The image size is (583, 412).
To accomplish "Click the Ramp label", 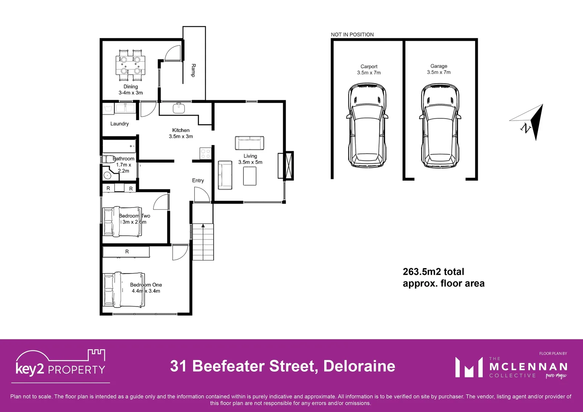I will coord(193,71).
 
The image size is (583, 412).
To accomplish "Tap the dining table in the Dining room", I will coord(130,65).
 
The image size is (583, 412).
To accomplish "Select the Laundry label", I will coord(119,124).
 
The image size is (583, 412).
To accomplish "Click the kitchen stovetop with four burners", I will coord(205,154).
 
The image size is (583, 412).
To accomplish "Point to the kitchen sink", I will coord(179,108).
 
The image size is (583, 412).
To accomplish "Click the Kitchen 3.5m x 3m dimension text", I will coord(181,136).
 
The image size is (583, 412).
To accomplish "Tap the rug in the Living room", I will coord(250,176).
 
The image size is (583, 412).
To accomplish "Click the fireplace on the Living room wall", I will coord(286,166).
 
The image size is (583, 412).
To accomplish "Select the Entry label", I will coord(198,180).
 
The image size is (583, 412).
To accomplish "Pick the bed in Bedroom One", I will coord(124,290).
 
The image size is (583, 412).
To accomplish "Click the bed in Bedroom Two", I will coord(122,222).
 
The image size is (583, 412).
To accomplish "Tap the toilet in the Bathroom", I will coord(109,159).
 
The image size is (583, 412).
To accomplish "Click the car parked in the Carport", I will coord(367,126).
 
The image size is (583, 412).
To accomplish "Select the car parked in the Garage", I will coord(440,126).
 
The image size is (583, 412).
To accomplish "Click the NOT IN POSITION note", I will coord(352,34).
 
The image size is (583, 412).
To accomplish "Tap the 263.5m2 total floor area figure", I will coord(433,272).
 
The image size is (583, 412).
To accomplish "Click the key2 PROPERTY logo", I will coord(60,364).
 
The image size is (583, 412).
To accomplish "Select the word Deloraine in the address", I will coord(359,366).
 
